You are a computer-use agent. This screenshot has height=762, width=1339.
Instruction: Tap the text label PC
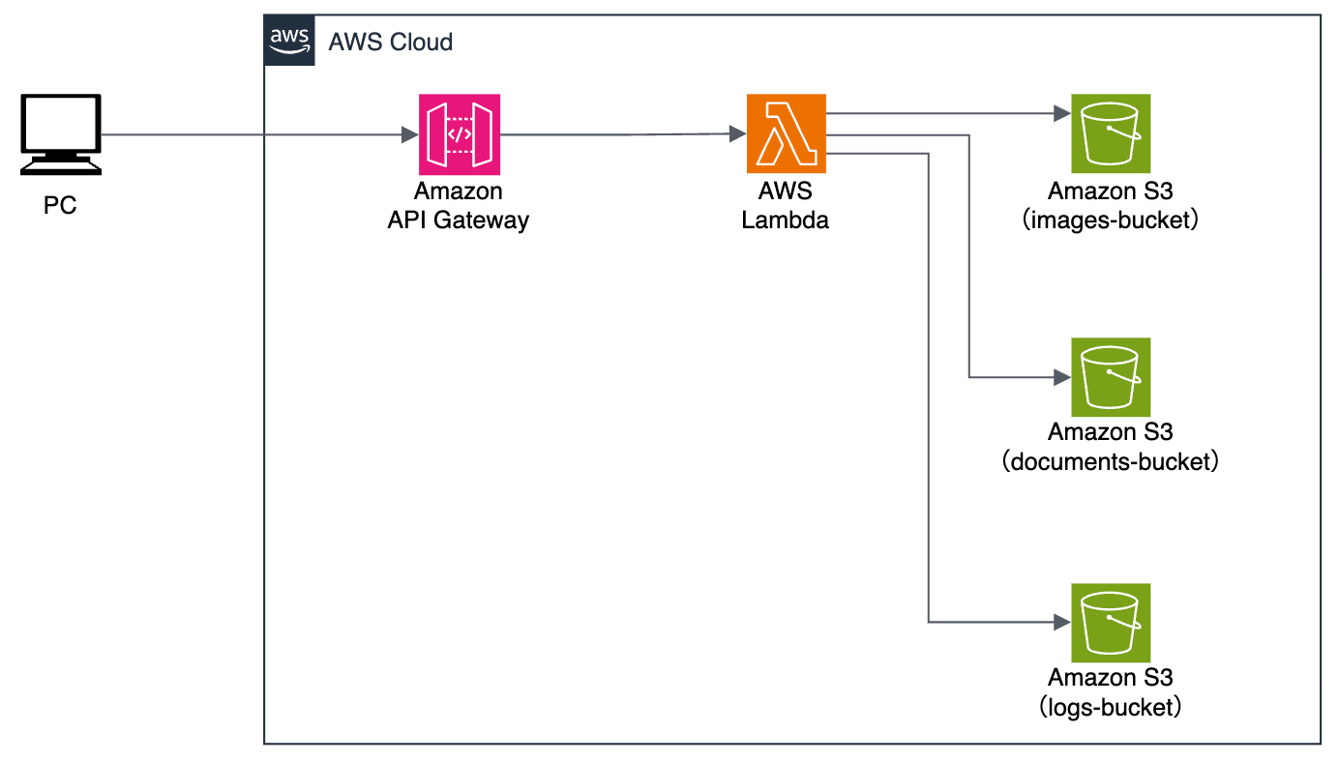coord(60,206)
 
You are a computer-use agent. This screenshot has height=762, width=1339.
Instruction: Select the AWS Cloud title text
coord(391,43)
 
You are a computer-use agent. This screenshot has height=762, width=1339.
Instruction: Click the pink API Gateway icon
coord(459,133)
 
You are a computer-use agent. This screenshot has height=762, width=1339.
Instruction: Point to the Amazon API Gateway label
coord(459,206)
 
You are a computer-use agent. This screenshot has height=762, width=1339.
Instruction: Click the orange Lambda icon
coord(786,133)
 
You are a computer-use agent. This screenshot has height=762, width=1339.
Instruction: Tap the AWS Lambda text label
coord(786,206)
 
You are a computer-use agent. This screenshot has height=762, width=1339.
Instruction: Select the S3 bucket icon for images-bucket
coord(1110,133)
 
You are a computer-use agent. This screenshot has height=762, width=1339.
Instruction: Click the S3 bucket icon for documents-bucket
coord(1110,377)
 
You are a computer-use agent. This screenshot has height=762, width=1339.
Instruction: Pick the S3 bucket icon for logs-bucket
coord(1110,622)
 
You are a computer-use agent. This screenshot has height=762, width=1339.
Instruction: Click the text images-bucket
coord(1110,220)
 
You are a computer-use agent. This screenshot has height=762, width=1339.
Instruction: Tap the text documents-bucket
coord(1110,462)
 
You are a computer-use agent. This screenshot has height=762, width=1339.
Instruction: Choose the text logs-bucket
coord(1110,707)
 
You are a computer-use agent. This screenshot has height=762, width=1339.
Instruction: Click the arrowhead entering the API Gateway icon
coord(410,134)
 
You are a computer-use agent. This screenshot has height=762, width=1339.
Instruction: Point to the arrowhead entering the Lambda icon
coord(737,134)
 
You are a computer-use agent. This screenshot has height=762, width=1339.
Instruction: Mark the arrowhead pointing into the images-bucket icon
coord(1061,114)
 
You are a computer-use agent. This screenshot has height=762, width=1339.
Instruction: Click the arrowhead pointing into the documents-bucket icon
coord(1061,377)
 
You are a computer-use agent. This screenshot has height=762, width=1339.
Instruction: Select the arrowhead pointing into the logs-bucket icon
coord(1061,622)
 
